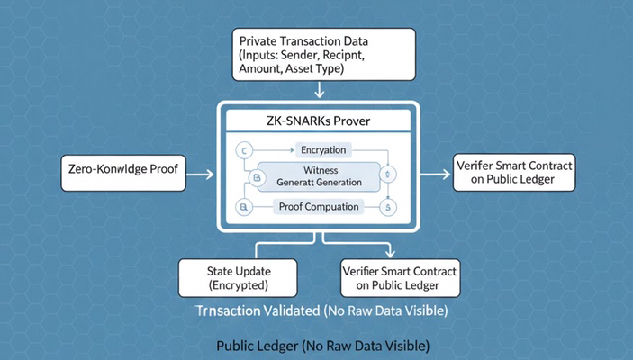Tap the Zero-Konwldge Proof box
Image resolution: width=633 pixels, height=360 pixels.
click(122, 171)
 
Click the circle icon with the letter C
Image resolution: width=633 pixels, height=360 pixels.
click(242, 149)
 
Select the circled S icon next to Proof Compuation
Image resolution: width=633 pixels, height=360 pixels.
click(389, 208)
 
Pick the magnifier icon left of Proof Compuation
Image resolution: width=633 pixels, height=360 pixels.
click(242, 208)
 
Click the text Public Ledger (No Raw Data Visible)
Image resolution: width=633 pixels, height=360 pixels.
click(323, 346)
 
